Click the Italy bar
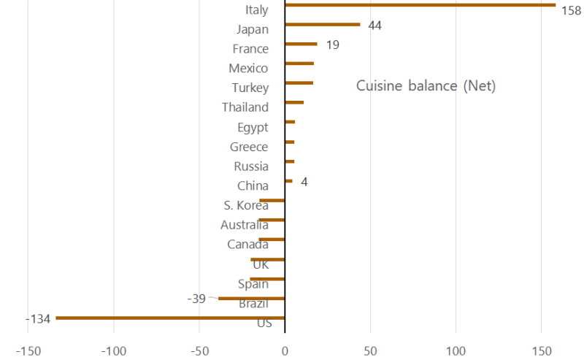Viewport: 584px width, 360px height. point(420,4)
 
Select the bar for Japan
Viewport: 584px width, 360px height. point(322,24)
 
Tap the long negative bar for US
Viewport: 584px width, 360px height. point(170,318)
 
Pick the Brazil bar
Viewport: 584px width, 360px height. point(251,298)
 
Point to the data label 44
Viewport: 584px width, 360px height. point(375,26)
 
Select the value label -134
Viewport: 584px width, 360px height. point(37,318)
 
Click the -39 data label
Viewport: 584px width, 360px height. point(196,299)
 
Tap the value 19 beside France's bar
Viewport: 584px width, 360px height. point(333,45)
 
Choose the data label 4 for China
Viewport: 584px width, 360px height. point(304,181)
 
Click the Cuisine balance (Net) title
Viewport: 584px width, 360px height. point(426,86)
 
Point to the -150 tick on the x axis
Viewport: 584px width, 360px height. point(28,350)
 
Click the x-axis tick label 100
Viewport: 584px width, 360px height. point(456,350)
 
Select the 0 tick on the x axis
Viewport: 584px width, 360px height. point(285,350)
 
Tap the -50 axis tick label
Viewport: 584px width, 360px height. point(199,350)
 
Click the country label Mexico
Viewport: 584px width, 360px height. point(248,69)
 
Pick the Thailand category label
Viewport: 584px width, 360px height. point(245,107)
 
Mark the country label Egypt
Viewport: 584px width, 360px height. point(253,128)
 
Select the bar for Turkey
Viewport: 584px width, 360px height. point(299,83)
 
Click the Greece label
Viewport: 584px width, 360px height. point(249,147)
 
